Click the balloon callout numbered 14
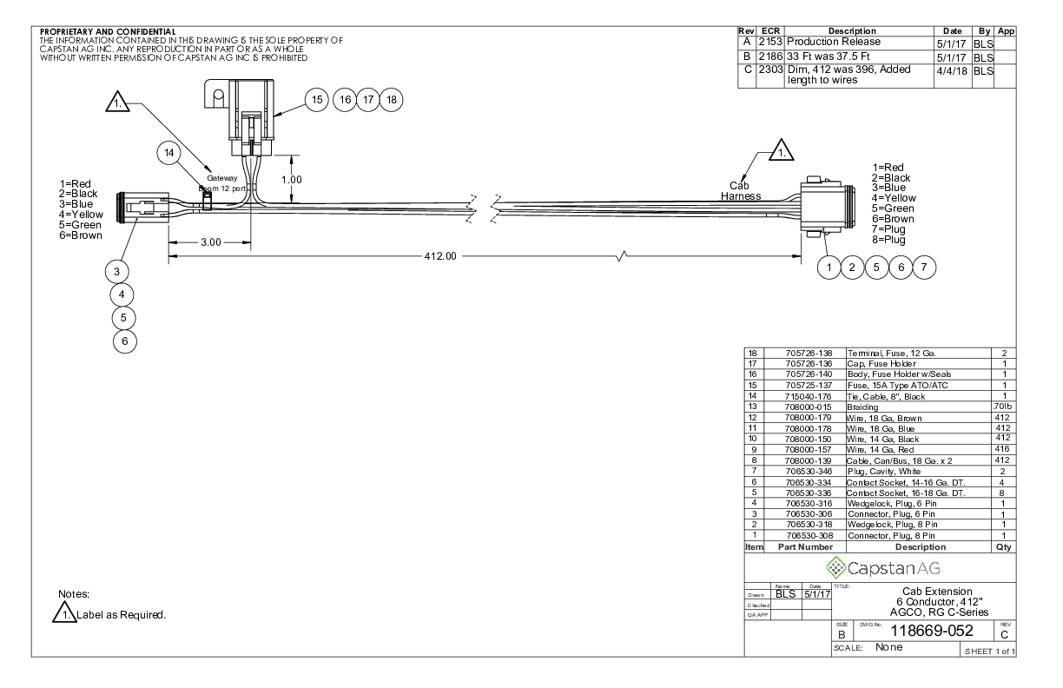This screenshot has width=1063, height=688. [169, 153]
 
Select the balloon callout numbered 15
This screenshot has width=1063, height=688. [316, 100]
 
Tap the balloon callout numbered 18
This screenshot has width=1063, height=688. [391, 100]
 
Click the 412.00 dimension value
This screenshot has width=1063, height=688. [440, 256]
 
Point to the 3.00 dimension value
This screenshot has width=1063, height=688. [211, 242]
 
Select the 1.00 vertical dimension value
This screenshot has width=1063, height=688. [292, 180]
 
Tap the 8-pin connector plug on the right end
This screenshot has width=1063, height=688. [828, 207]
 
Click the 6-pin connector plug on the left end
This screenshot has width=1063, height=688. [142, 208]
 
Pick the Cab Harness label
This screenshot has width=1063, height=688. [740, 191]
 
